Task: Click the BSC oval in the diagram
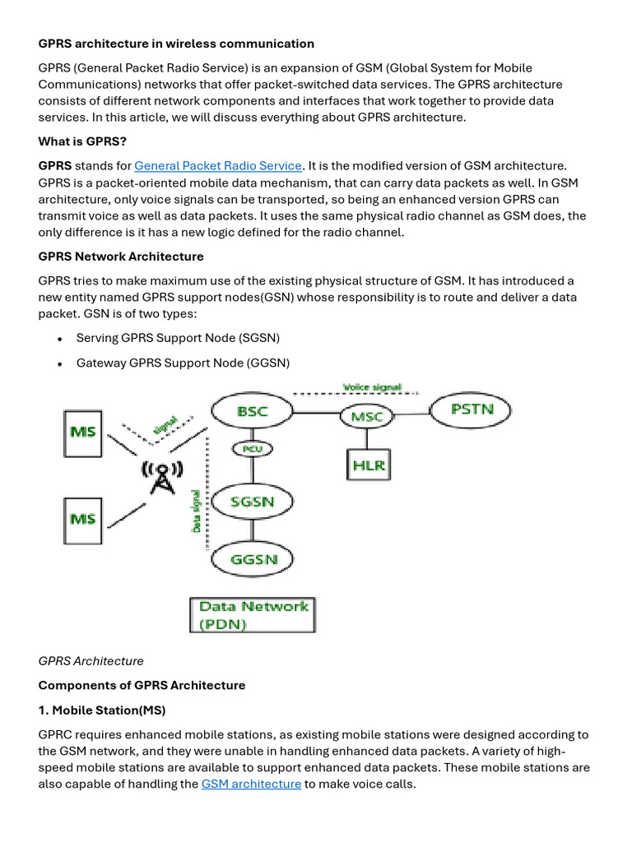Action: [x=252, y=411]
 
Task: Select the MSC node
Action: [x=367, y=416]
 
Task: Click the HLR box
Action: [x=368, y=465]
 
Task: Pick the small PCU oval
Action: [x=252, y=449]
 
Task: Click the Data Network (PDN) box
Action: [x=253, y=615]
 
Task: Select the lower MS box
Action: [x=83, y=519]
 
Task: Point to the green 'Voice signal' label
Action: [x=372, y=386]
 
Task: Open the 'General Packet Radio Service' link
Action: [x=217, y=166]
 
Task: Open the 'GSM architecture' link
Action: [x=251, y=784]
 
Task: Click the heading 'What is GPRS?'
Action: [x=82, y=141]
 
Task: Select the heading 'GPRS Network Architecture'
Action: [x=121, y=257]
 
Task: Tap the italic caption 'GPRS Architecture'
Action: [x=91, y=661]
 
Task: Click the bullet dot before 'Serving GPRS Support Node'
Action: [x=60, y=339]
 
